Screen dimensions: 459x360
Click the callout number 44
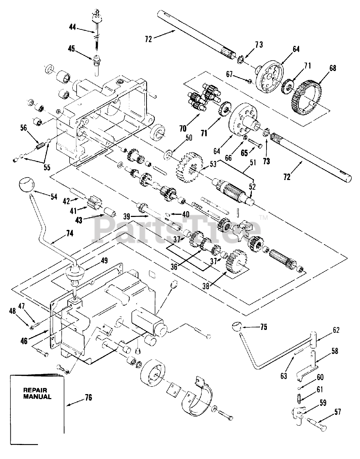pos(73,26)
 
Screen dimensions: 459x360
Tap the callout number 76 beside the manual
pos(88,397)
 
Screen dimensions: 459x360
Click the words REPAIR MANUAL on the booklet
pos(37,394)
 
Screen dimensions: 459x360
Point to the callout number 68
pos(333,68)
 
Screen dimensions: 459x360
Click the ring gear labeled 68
pos(307,95)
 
